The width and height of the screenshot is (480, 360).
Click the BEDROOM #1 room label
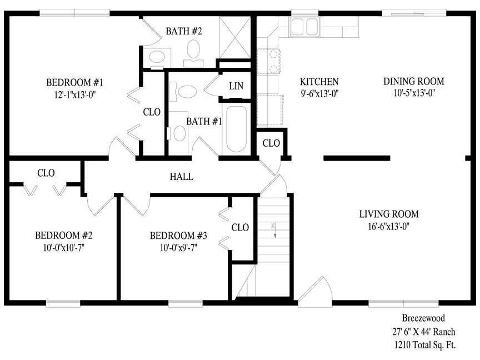pyautogui.click(x=74, y=82)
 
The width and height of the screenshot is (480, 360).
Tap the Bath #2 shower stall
pyautogui.click(x=235, y=37)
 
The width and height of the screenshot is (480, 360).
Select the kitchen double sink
pyautogui.click(x=304, y=27)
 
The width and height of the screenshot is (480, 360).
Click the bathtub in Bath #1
pyautogui.click(x=236, y=129)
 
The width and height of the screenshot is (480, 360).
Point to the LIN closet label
pyautogui.click(x=236, y=86)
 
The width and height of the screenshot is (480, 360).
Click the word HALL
pyautogui.click(x=182, y=177)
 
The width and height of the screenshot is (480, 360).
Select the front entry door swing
pyautogui.click(x=315, y=292)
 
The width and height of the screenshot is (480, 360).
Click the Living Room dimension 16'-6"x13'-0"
pyautogui.click(x=389, y=227)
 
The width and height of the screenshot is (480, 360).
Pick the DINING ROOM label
pyautogui.click(x=414, y=81)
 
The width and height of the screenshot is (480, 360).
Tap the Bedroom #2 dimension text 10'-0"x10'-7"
pyautogui.click(x=64, y=247)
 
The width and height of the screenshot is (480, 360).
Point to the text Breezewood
pyautogui.click(x=423, y=318)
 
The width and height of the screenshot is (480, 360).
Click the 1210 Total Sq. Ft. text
pyautogui.click(x=425, y=345)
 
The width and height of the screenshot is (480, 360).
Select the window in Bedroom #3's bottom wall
pyautogui.click(x=186, y=303)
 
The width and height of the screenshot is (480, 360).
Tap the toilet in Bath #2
pyautogui.click(x=193, y=53)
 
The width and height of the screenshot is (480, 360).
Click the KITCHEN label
pyautogui.click(x=319, y=82)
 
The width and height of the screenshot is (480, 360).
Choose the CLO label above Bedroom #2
pyautogui.click(x=46, y=173)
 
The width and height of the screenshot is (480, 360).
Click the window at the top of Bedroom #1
pyautogui.click(x=74, y=13)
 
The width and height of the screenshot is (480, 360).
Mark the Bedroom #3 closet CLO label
pyautogui.click(x=241, y=227)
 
